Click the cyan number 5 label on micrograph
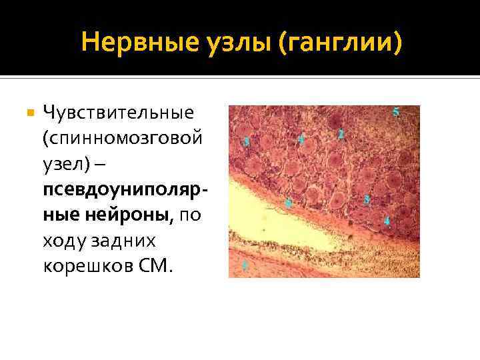(396, 112)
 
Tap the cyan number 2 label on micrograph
(341, 134)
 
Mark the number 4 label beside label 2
(301, 139)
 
